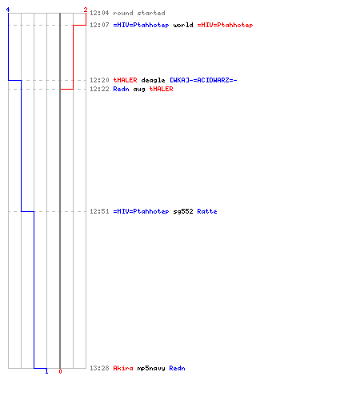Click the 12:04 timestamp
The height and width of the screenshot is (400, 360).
coord(99,13)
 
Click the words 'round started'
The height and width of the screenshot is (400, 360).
coord(139,13)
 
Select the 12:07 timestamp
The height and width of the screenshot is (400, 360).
coord(99,25)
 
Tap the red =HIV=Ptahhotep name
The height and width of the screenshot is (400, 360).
coord(225,25)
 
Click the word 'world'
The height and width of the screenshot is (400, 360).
coord(183,25)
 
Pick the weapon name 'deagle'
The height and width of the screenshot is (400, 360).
coord(153,80)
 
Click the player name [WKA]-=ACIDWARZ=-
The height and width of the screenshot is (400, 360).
coord(203,80)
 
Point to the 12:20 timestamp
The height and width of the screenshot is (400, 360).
coord(99,80)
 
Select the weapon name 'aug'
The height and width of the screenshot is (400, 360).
coord(139,89)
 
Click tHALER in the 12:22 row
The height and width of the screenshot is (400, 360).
coord(161,89)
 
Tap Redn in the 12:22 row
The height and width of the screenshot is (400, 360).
coord(121,89)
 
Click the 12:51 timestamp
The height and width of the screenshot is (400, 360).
coord(99,211)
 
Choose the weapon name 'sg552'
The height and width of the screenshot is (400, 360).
coord(183,211)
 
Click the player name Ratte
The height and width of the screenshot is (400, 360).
coord(207,211)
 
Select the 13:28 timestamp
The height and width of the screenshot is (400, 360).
coord(99,368)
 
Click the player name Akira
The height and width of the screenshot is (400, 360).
coord(123,368)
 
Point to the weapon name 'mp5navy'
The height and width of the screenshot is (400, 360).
coord(151,368)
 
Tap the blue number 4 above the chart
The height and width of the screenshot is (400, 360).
coord(8,10)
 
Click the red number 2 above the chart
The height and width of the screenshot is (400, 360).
coord(86,10)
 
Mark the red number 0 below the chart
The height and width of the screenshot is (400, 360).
coord(60,371)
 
